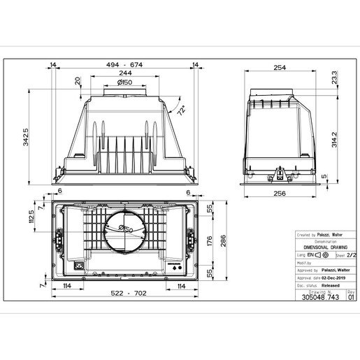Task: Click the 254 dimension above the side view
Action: pyautogui.click(x=280, y=68)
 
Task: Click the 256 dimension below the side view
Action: pyautogui.click(x=280, y=194)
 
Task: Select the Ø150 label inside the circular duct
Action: pyautogui.click(x=127, y=229)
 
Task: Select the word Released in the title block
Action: pyautogui.click(x=326, y=285)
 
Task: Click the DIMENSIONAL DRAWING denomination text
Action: pyautogui.click(x=321, y=247)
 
